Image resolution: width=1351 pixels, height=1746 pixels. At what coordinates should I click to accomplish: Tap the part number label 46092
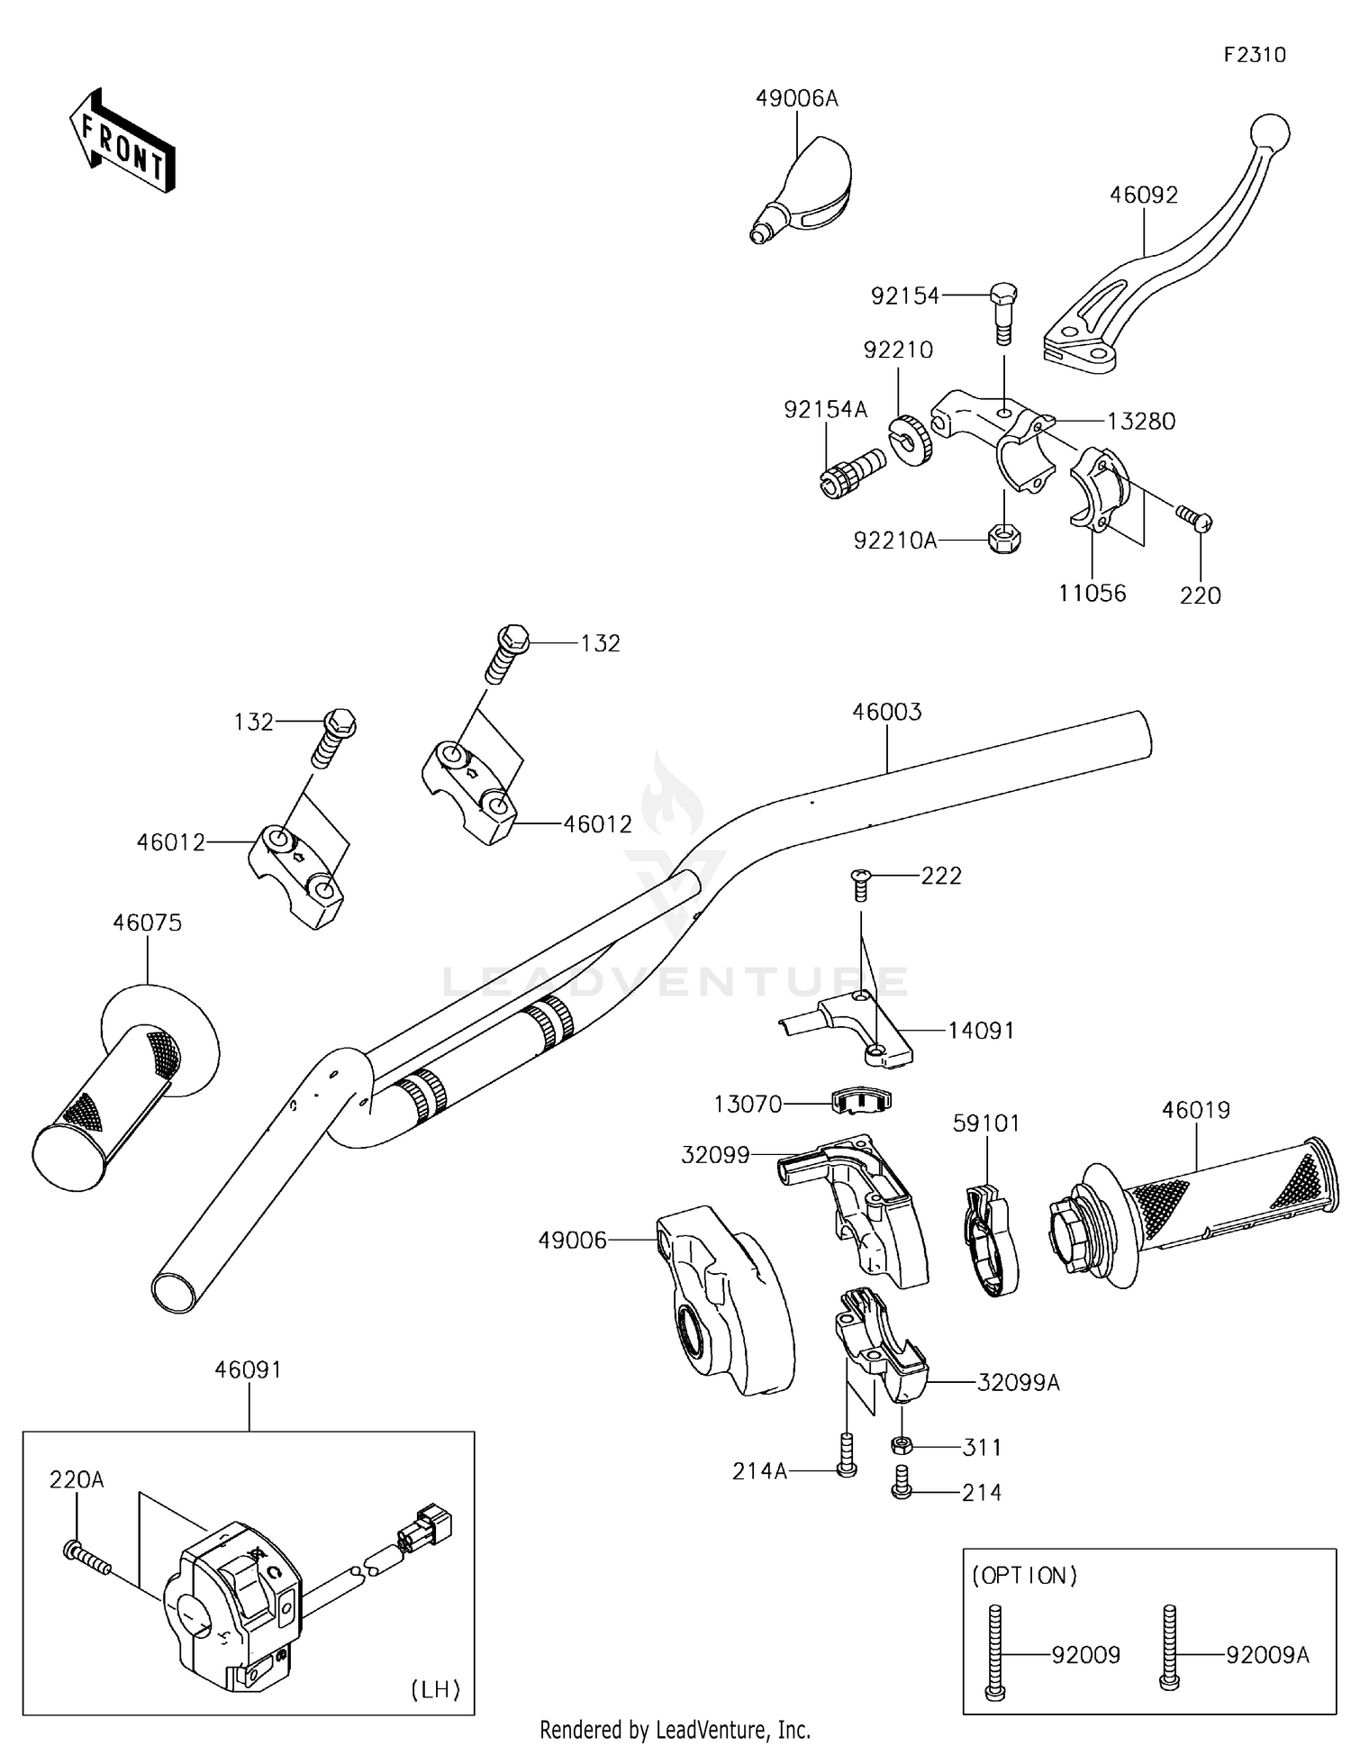click(1143, 195)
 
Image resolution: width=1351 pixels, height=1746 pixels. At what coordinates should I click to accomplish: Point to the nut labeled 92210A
click(1003, 539)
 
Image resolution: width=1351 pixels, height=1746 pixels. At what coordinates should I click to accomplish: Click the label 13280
click(1140, 421)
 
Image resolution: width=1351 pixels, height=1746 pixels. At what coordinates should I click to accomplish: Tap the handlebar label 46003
click(887, 712)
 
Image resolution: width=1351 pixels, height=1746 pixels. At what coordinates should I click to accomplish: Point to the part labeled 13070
click(860, 1101)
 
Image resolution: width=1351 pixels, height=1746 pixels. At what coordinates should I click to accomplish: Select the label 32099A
click(1018, 1382)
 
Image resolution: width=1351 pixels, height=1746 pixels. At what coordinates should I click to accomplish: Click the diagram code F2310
click(1254, 55)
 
